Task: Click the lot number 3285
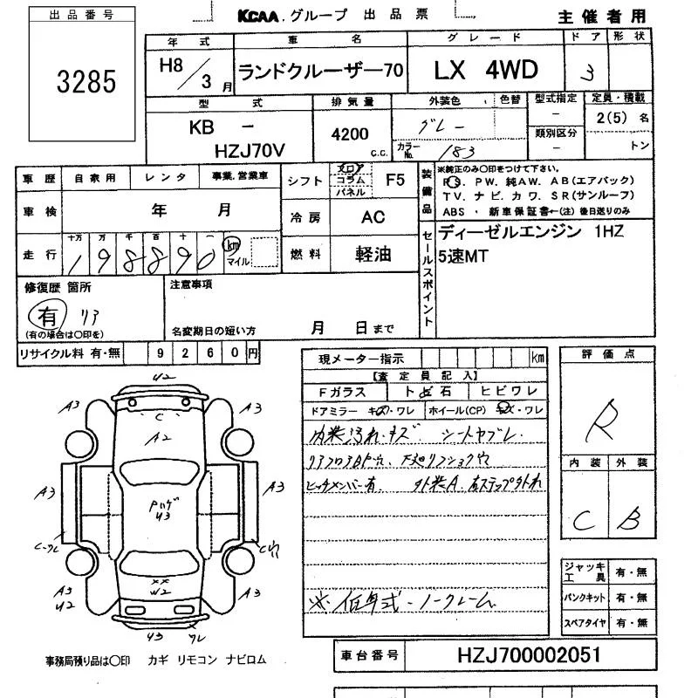(86, 81)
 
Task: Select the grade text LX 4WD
(486, 69)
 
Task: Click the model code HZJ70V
(249, 151)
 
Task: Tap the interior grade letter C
(583, 521)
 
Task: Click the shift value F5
(395, 180)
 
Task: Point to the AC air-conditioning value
(373, 218)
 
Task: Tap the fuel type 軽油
(373, 254)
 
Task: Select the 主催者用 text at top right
(603, 17)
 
